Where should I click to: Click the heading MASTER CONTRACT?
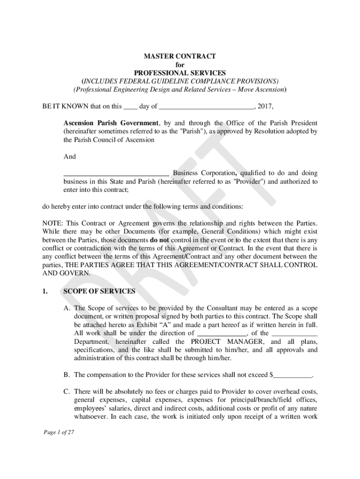pyautogui.click(x=180, y=56)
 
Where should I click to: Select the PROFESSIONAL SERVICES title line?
pyautogui.click(x=180, y=73)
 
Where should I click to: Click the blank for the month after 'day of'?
pyautogui.click(x=206, y=107)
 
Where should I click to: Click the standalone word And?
pyautogui.click(x=69, y=157)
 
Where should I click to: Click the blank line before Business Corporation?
pyautogui.click(x=116, y=174)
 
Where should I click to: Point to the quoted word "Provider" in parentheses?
pyautogui.click(x=248, y=181)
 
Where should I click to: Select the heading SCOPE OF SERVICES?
pyautogui.click(x=99, y=291)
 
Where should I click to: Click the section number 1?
pyautogui.click(x=45, y=291)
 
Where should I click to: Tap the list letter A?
pyautogui.click(x=67, y=308)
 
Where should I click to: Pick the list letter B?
pyautogui.click(x=67, y=375)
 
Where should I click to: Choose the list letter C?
pyautogui.click(x=67, y=391)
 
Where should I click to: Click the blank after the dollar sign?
pyautogui.click(x=292, y=375)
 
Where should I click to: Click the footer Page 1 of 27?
pyautogui.click(x=58, y=433)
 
